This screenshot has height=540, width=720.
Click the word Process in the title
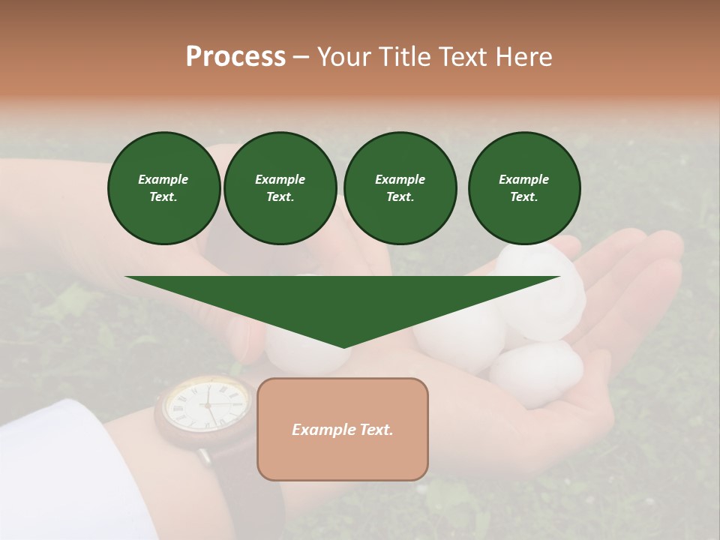(x=235, y=57)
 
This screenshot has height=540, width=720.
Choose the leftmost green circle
(x=163, y=188)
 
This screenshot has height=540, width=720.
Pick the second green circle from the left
(x=280, y=188)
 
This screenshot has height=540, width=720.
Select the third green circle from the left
(x=400, y=188)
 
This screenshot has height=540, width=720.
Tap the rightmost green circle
(x=523, y=188)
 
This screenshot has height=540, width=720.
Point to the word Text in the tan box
(x=376, y=430)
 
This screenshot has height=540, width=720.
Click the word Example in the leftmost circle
(x=163, y=179)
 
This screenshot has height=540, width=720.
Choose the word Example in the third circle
(x=400, y=179)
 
